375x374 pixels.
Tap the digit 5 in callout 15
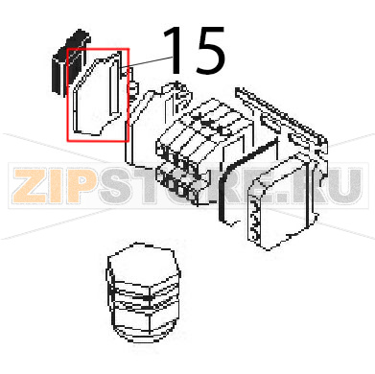pos(208,50)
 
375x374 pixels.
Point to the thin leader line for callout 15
pos(147,62)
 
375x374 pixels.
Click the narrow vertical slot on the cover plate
pos(111,88)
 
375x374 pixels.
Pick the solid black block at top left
pos(70,60)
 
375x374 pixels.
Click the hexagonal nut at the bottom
pos(144,292)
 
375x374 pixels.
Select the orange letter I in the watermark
pos(55,186)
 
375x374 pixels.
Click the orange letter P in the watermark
pos(80,186)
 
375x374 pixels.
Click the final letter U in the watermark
pos(345,186)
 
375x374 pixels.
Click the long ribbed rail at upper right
pos(281,113)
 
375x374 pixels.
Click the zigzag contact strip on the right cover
pos(253,218)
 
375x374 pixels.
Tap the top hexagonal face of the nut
pos(142,264)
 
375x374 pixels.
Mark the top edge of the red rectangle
pos(98,49)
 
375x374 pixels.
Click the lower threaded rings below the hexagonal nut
pos(144,318)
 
